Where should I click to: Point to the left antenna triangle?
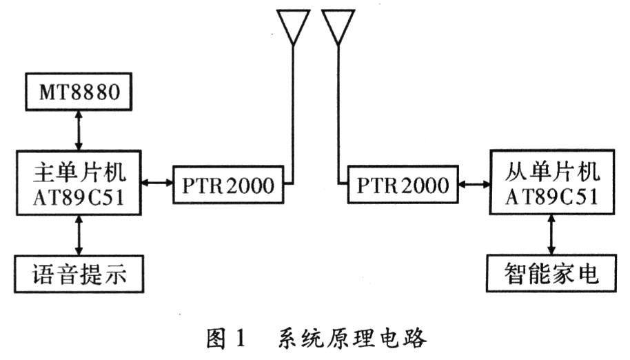pyautogui.click(x=294, y=12)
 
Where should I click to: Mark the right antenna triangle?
pyautogui.click(x=338, y=12)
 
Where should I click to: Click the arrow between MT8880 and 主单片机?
pyautogui.click(x=79, y=130)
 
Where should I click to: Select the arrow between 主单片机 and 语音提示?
pyautogui.click(x=79, y=235)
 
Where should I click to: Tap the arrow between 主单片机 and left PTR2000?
pyautogui.click(x=156, y=183)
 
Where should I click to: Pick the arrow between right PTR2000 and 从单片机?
pyautogui.click(x=474, y=184)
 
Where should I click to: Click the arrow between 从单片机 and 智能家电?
pyautogui.click(x=551, y=234)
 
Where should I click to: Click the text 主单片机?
pyautogui.click(x=79, y=173)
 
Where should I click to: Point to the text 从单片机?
pyautogui.click(x=552, y=172)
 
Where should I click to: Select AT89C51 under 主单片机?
pyautogui.click(x=79, y=197)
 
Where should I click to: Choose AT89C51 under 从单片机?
pyautogui.click(x=551, y=197)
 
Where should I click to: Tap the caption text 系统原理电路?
pyautogui.click(x=352, y=339)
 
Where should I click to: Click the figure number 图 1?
pyautogui.click(x=225, y=339)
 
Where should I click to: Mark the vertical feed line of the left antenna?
pyautogui.click(x=294, y=114)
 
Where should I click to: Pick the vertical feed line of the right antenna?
pyautogui.click(x=338, y=114)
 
